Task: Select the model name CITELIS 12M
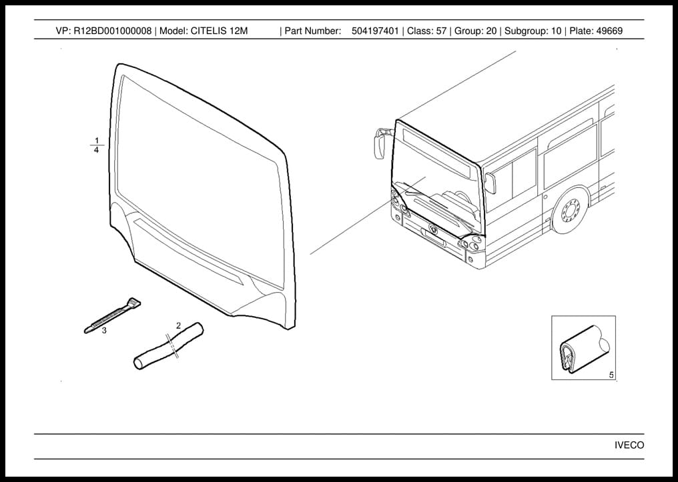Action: pyautogui.click(x=220, y=31)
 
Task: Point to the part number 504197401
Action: pyautogui.click(x=375, y=31)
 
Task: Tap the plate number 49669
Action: pyautogui.click(x=609, y=31)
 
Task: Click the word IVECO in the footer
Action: pyautogui.click(x=629, y=445)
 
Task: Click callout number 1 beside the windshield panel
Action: pyautogui.click(x=97, y=141)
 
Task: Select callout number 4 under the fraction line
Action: pyautogui.click(x=96, y=150)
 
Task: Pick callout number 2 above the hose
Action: pyautogui.click(x=178, y=325)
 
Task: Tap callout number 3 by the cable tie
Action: pyautogui.click(x=104, y=331)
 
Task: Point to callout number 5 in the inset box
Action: pyautogui.click(x=611, y=375)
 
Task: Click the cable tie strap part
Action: pyautogui.click(x=112, y=315)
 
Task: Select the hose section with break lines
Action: pyautogui.click(x=168, y=346)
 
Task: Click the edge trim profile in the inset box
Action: pyautogui.click(x=585, y=349)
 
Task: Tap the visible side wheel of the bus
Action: pyautogui.click(x=571, y=211)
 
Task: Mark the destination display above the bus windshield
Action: pyautogui.click(x=436, y=151)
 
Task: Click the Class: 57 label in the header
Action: pyautogui.click(x=426, y=31)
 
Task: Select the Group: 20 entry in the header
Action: pyautogui.click(x=475, y=31)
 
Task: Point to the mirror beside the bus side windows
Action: pyautogui.click(x=490, y=183)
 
